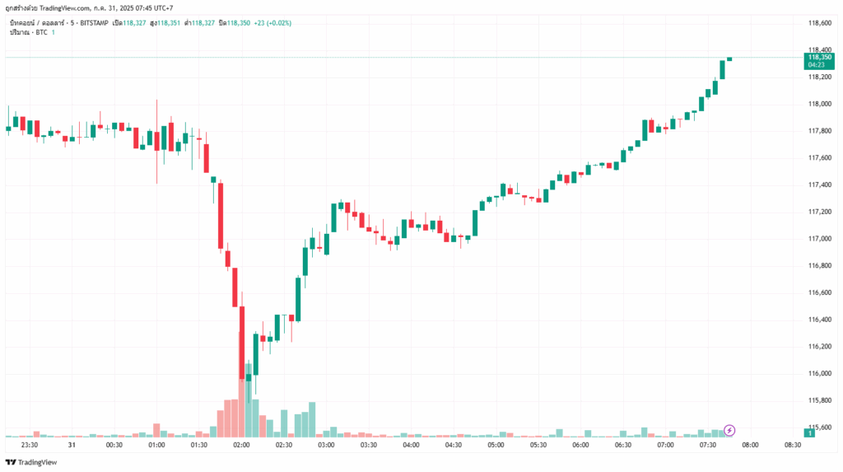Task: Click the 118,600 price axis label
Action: click(820, 23)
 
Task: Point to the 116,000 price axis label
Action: click(820, 373)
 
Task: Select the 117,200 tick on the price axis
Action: click(820, 212)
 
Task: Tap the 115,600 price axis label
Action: click(820, 428)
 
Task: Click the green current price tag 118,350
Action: click(820, 58)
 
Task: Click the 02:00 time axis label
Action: click(241, 445)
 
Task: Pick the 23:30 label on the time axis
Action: click(30, 445)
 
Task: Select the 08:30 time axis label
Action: click(793, 445)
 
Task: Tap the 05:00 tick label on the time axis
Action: click(496, 445)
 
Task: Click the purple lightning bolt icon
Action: click(729, 430)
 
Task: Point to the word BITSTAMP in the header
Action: click(110, 22)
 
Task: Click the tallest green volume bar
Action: click(249, 400)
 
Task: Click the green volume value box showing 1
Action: click(811, 432)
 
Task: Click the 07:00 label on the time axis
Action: click(665, 445)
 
